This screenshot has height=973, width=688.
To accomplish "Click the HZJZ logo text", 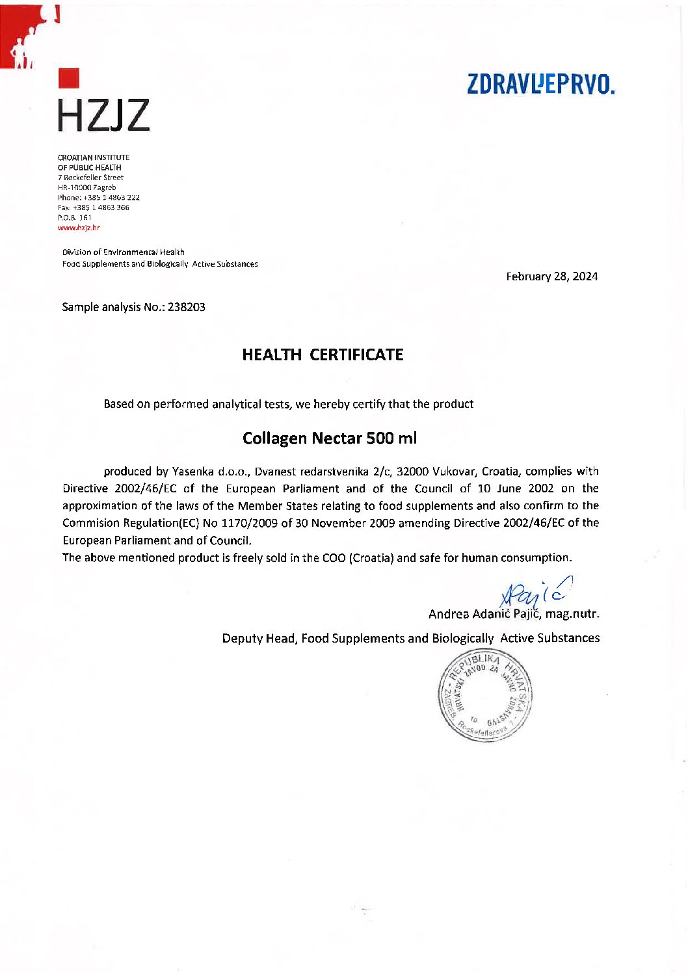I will pos(103,114).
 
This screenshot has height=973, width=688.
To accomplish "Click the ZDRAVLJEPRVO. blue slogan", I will pos(540,85).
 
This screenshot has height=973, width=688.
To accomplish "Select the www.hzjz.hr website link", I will pos(79,228).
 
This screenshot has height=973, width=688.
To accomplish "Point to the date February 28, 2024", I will pos(551,276).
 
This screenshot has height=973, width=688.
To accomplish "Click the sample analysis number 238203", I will pos(187,307).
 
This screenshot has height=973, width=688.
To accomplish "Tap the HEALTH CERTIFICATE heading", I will pos(323,354).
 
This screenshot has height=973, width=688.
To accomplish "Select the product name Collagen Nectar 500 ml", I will pos(329,438).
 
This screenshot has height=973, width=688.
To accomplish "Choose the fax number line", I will pos(94,207).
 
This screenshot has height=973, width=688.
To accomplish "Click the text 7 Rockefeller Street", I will pos(90,178).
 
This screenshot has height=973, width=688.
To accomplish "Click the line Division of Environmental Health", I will pos(123,252).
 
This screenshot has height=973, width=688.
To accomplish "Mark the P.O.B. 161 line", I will pos(75,218).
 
